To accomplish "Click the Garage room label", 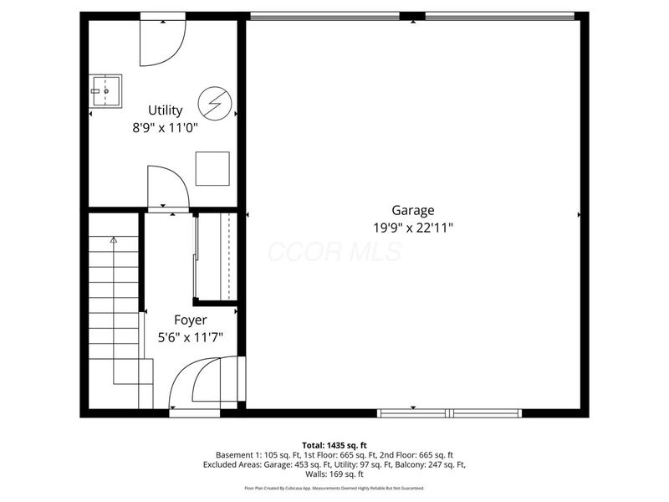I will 413,211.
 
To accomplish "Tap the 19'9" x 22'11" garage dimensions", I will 413,227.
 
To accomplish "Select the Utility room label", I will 165,110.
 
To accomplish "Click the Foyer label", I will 190,320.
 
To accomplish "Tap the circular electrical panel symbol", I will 212,104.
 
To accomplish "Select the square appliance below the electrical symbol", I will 212,168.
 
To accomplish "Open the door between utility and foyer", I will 167,187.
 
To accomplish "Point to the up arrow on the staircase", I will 114,241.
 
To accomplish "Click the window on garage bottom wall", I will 450,412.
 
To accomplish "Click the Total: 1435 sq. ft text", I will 334,444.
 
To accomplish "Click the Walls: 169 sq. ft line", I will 334,474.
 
